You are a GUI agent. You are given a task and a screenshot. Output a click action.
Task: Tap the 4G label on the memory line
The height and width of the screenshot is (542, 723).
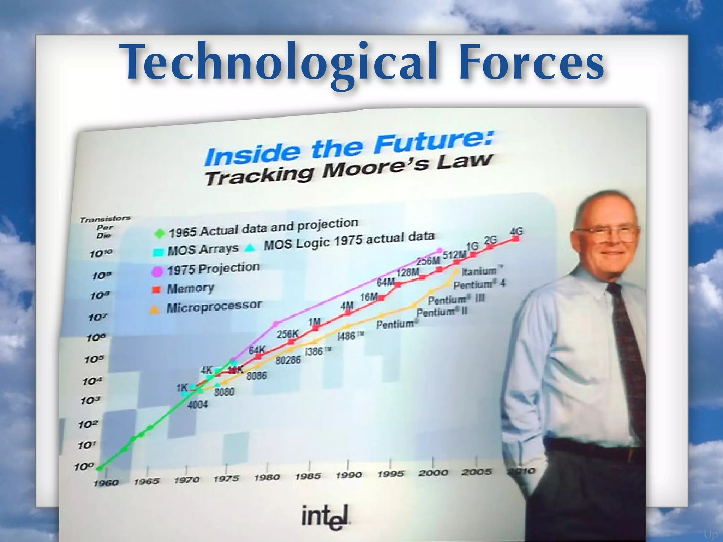516,232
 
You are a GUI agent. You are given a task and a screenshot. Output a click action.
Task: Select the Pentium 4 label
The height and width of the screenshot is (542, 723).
479,284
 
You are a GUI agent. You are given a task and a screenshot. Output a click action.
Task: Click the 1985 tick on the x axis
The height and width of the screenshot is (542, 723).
308,476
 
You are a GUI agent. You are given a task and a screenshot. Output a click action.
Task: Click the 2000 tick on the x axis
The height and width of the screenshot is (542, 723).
433,473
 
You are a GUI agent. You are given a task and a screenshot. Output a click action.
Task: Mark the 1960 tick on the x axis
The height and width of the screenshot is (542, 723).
106,483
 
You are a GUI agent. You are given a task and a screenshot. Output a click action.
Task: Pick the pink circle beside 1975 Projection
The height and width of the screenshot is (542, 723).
157,271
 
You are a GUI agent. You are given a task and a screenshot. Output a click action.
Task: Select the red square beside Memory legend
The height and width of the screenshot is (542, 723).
156,290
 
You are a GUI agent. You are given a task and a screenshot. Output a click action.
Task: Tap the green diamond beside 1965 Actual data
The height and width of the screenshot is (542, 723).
160,233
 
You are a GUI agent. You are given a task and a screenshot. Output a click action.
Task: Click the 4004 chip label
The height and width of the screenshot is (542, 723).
197,404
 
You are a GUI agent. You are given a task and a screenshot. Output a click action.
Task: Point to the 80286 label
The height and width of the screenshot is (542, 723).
288,360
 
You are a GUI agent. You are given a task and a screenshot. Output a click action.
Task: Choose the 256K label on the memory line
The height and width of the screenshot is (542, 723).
287,333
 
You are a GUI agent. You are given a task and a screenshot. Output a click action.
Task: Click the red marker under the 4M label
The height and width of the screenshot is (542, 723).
348,313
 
